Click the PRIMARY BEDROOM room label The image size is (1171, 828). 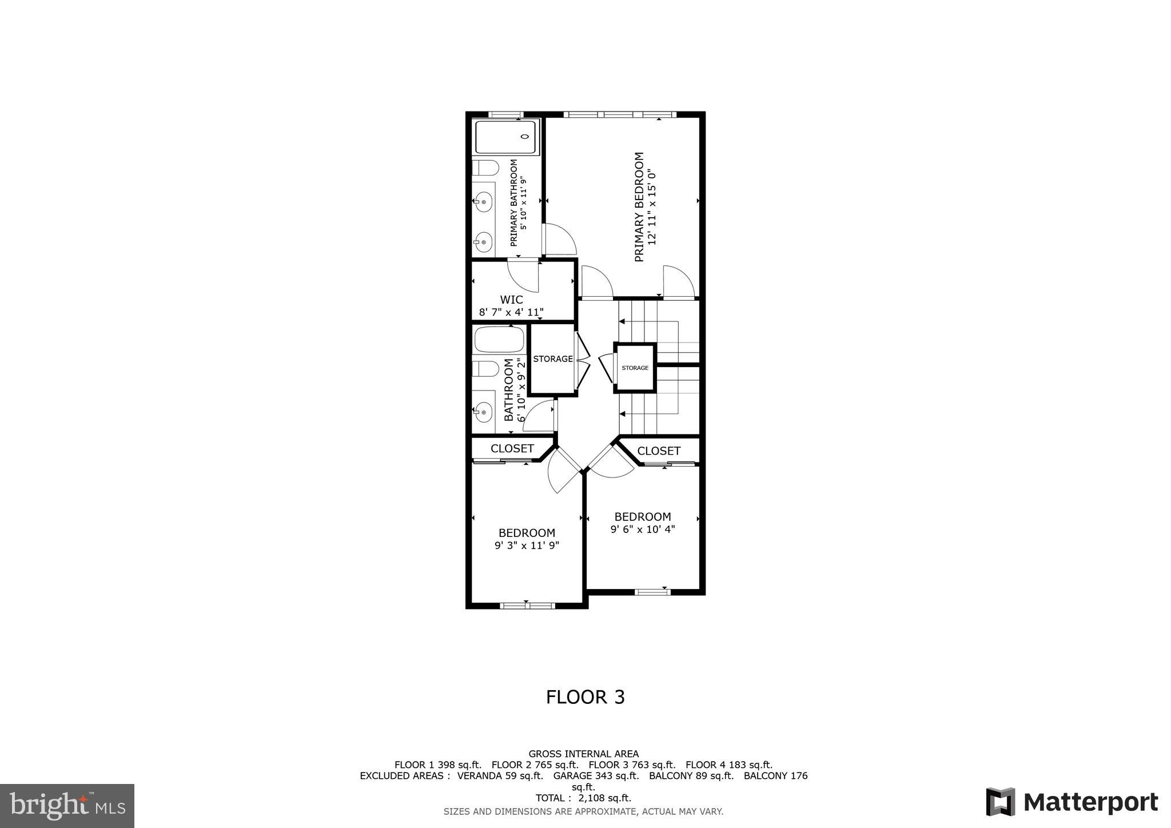pyautogui.click(x=639, y=206)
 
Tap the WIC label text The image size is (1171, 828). pyautogui.click(x=511, y=300)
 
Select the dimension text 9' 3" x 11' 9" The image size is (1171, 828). pyautogui.click(x=527, y=546)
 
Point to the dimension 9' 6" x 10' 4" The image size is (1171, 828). pyautogui.click(x=643, y=530)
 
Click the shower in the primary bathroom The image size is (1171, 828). pyautogui.click(x=506, y=137)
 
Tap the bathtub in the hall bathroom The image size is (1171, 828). pyautogui.click(x=499, y=340)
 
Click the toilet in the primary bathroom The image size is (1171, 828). pyautogui.click(x=485, y=168)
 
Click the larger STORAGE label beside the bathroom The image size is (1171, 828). pyautogui.click(x=553, y=359)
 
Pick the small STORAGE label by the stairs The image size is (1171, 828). pyautogui.click(x=635, y=368)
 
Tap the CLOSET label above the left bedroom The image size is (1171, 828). pyautogui.click(x=512, y=449)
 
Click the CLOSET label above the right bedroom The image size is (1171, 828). pyautogui.click(x=659, y=451)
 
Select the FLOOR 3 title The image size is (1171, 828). pyautogui.click(x=585, y=697)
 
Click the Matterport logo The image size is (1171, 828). pyautogui.click(x=1072, y=802)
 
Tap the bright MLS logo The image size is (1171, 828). pyautogui.click(x=67, y=806)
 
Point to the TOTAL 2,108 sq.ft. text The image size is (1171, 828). pyautogui.click(x=583, y=798)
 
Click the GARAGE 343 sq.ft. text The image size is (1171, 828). pyautogui.click(x=596, y=776)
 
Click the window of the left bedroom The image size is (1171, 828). pyautogui.click(x=527, y=606)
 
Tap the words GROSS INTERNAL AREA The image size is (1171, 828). pyautogui.click(x=583, y=754)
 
